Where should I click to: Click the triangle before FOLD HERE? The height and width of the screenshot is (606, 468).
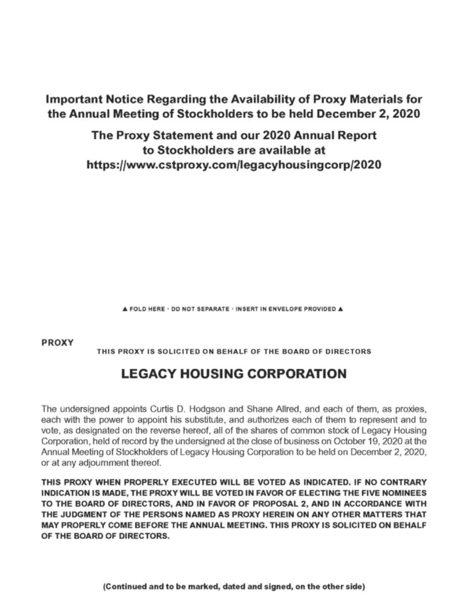[125, 309]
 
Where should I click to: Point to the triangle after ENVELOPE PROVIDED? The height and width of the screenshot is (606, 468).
[340, 309]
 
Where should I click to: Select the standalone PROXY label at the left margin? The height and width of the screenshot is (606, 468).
[57, 343]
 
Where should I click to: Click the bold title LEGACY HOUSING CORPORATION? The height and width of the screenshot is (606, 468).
[234, 374]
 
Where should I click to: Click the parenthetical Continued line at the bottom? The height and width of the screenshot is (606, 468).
[234, 586]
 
